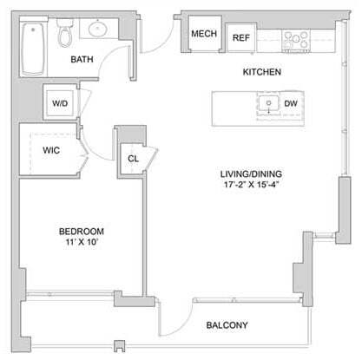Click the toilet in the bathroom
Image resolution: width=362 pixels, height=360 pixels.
tap(64, 34)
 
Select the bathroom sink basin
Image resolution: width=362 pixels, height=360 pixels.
tap(96, 29)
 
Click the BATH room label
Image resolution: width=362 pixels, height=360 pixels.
tap(83, 59)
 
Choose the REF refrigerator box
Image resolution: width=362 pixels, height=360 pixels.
tap(240, 38)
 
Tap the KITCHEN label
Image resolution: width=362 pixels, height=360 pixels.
tap(260, 73)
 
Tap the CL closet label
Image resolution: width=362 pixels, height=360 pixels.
tap(133, 159)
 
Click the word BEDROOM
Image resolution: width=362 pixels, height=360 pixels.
tap(82, 231)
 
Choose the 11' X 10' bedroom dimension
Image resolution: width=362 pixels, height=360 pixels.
tap(82, 243)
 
